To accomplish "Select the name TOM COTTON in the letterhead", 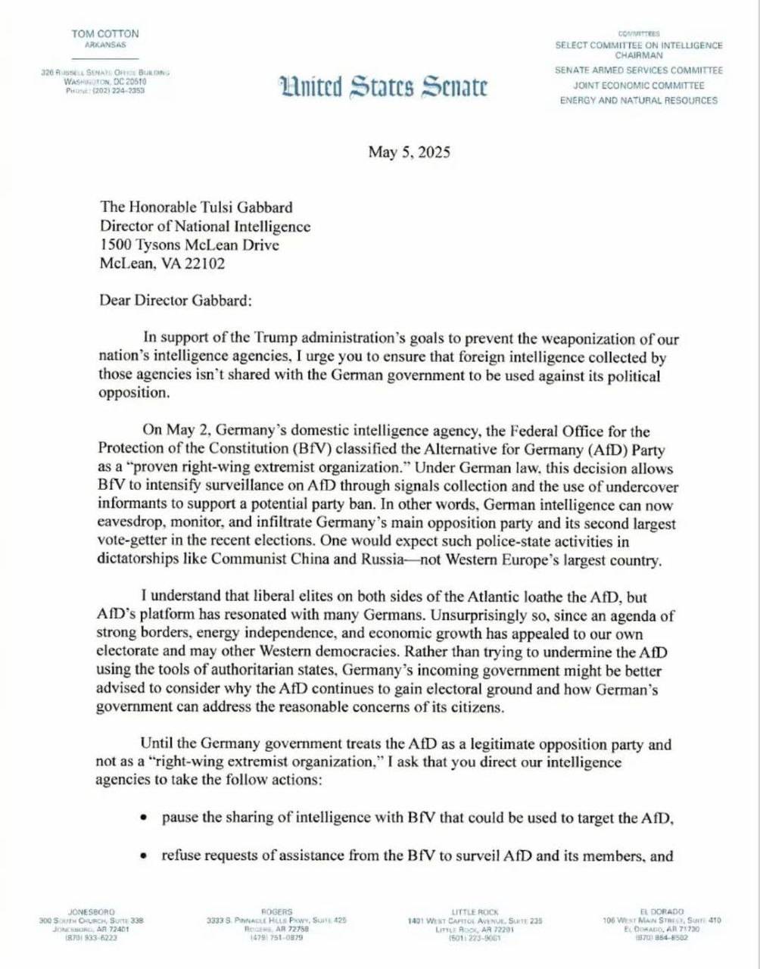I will [105, 34].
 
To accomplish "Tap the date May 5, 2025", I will [409, 152].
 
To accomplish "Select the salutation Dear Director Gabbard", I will [175, 300].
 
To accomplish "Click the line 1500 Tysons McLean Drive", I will [189, 245].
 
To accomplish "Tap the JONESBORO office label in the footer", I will [92, 911].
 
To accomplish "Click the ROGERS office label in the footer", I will [276, 911].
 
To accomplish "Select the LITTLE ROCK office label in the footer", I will [475, 911].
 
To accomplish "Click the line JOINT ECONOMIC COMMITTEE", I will [638, 86].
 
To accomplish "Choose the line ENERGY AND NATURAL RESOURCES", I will [638, 101].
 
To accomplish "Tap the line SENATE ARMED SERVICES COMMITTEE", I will [638, 70].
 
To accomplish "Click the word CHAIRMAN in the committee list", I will [638, 55].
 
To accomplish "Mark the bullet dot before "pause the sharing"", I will [145, 819].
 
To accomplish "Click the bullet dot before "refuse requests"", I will [145, 856].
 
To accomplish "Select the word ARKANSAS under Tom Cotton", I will [105, 45].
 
